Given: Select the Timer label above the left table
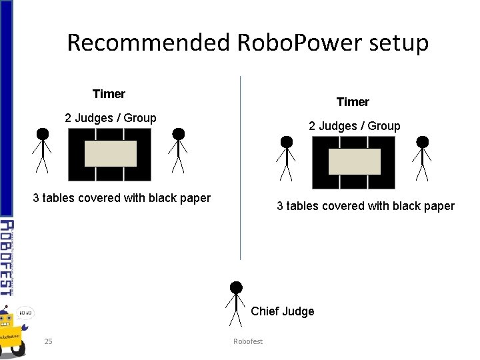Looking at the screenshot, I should point(109,94).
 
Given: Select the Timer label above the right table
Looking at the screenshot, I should point(353,102).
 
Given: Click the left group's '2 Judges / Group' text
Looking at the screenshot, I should point(111,118).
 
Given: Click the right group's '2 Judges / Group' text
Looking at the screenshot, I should point(354,126).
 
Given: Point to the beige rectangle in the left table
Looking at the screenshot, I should point(110,154).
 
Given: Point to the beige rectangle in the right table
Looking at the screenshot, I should point(354,162).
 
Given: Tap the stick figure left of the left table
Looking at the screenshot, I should point(42,151).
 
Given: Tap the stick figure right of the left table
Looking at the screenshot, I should point(178,151).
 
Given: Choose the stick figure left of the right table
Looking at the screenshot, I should point(286,159).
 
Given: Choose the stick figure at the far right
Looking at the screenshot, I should point(422,159).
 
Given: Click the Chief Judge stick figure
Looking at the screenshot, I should point(235,304).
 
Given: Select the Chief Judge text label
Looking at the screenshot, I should point(283,311).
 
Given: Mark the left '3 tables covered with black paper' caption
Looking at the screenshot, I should point(121,198).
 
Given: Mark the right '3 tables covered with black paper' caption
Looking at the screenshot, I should point(365,206).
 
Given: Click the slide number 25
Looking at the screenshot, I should point(48,342).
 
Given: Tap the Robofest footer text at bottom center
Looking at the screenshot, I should point(248,342).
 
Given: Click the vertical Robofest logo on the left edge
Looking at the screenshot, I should point(7,257).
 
